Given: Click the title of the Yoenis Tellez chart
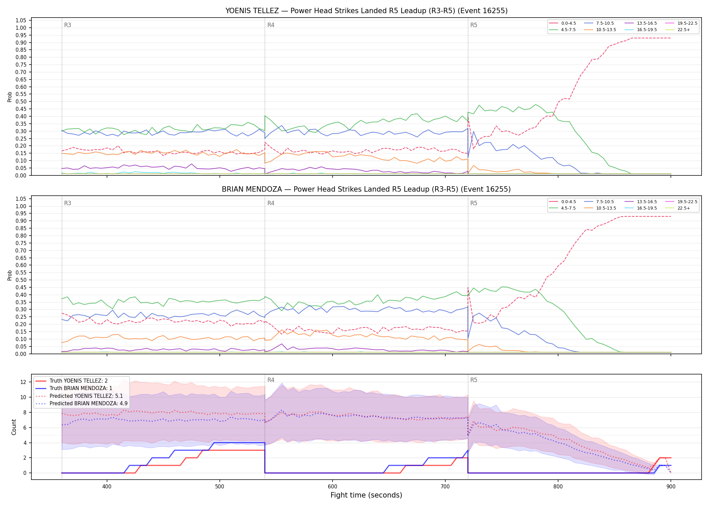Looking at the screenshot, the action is [x=366, y=11].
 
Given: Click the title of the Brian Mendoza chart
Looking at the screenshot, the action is [x=366, y=189].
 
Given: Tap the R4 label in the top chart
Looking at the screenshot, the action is [x=271, y=25].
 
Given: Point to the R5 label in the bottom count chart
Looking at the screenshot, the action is [x=474, y=380].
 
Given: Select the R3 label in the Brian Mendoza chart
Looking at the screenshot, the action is [x=68, y=203].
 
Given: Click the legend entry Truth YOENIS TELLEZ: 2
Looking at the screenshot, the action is [x=72, y=381].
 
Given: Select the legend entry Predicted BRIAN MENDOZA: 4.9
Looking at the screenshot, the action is [x=81, y=403].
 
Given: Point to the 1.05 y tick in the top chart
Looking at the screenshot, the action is [x=21, y=21].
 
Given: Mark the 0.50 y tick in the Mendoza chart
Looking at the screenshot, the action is [x=21, y=280].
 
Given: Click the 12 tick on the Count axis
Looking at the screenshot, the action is [x=23, y=382].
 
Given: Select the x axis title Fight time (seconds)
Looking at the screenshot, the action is [x=366, y=496].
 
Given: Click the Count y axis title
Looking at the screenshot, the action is [x=14, y=427].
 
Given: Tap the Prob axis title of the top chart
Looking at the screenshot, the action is [x=10, y=97].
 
